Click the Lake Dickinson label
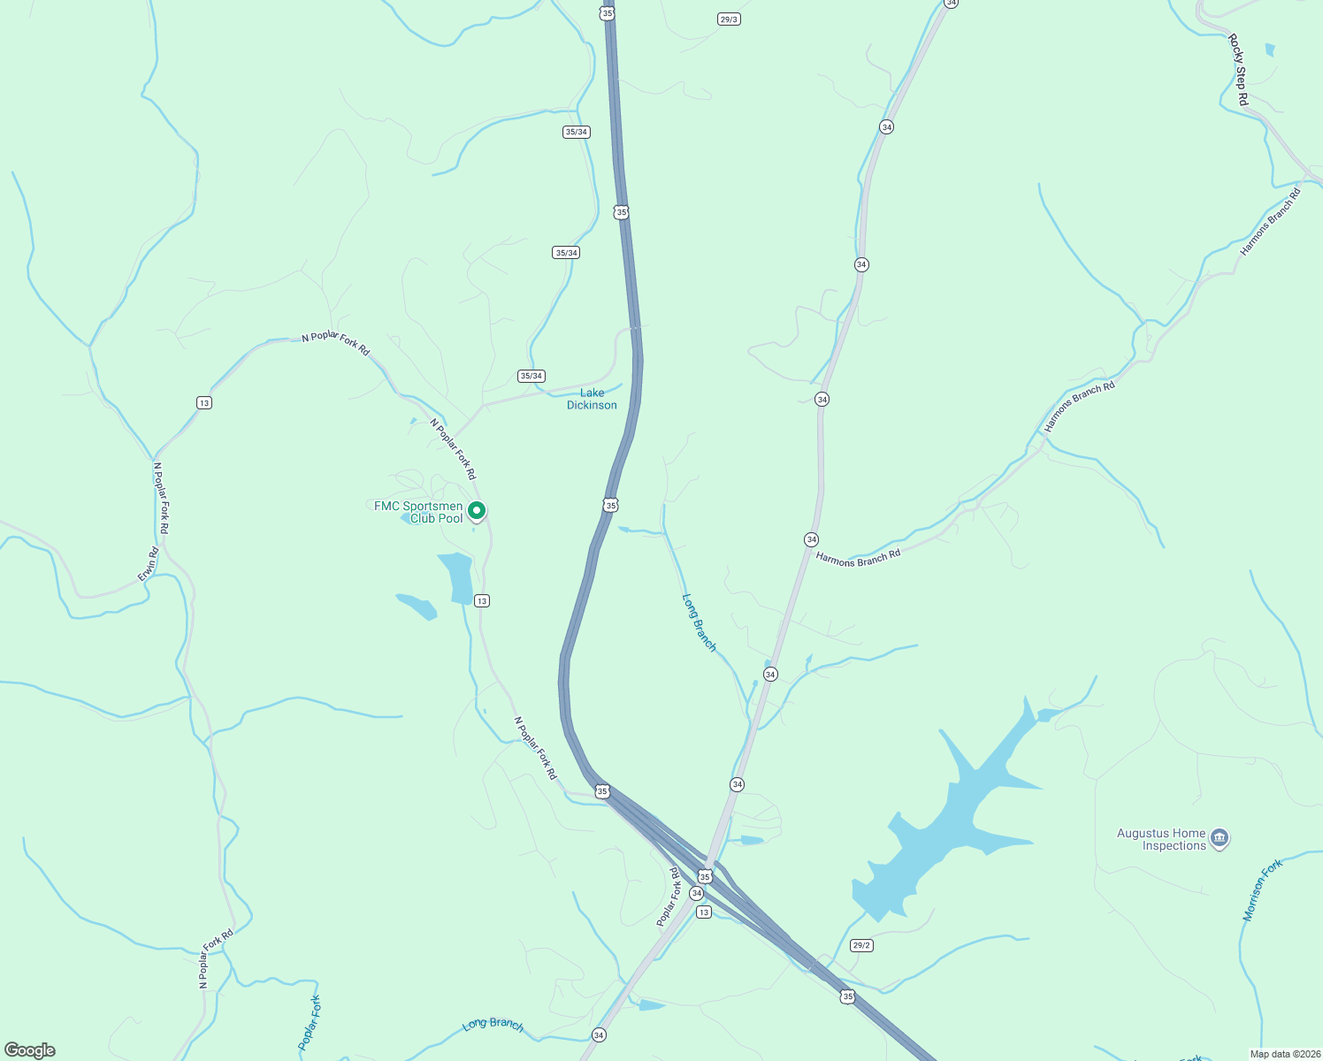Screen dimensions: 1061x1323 592,399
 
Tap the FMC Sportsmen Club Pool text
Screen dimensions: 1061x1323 418,512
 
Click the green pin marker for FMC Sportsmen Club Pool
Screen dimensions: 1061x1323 477,510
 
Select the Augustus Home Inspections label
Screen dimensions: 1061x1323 1160,839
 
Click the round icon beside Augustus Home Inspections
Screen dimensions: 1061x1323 1220,837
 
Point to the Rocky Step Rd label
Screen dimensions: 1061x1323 1238,70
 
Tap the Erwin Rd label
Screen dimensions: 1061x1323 148,564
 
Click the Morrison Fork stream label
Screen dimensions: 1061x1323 1262,890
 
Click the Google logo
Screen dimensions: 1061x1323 29,1050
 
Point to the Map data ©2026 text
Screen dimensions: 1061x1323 1283,1054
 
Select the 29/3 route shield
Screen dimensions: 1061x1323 729,19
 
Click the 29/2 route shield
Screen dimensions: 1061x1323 861,945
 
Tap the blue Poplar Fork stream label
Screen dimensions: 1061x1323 310,1023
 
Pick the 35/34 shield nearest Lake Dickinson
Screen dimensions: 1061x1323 531,376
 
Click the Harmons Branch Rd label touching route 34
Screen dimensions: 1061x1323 858,558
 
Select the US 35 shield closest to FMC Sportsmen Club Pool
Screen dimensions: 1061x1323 611,505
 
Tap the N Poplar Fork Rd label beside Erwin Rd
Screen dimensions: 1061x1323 160,498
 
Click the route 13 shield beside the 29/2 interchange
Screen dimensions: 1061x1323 703,912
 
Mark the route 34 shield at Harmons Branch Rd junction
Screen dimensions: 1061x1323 811,539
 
